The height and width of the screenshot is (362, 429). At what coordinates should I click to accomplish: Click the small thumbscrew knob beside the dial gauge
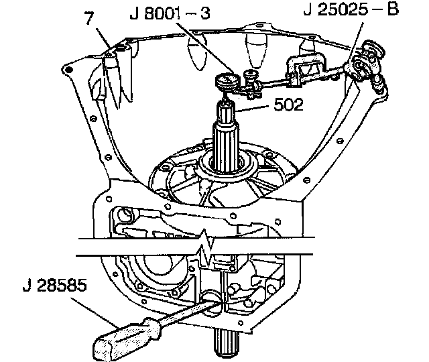tap(253, 74)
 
